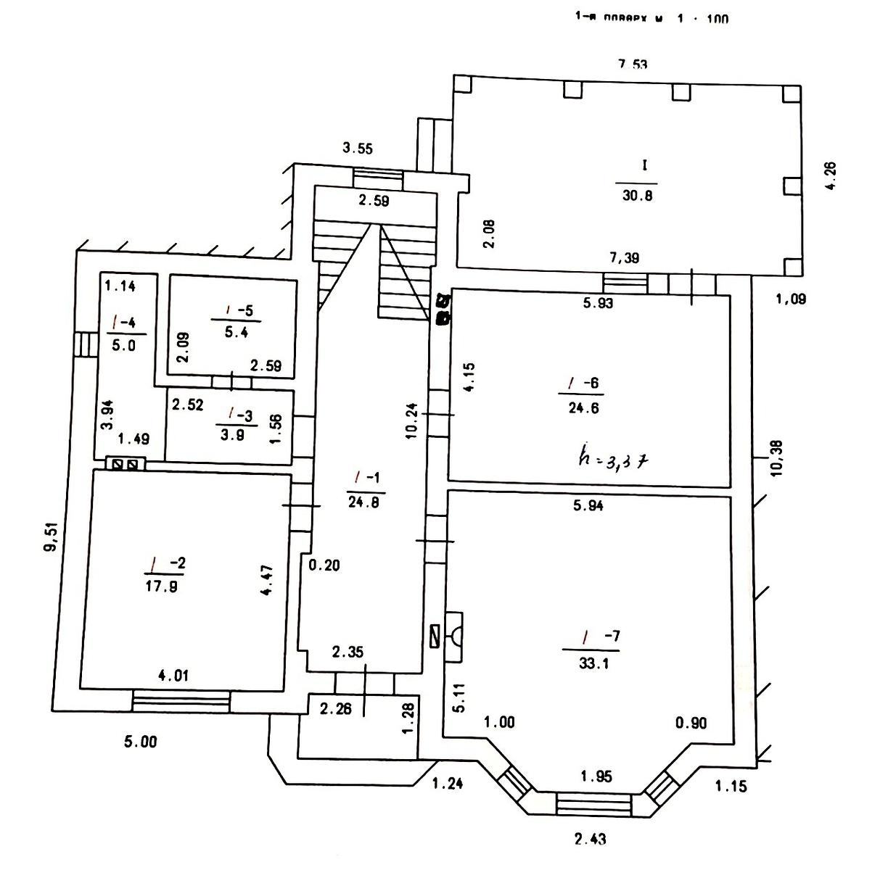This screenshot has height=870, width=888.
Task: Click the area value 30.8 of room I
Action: pyautogui.click(x=638, y=196)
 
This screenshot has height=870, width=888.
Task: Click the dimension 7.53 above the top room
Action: pyautogui.click(x=632, y=64)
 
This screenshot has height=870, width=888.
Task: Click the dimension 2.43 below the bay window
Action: pyautogui.click(x=590, y=840)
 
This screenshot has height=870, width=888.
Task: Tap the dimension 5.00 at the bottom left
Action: pyautogui.click(x=140, y=742)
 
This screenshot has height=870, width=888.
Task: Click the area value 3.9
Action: pyautogui.click(x=242, y=435)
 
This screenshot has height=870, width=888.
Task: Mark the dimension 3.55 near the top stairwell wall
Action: pyautogui.click(x=358, y=149)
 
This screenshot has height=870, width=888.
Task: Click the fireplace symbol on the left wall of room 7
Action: pyautogui.click(x=455, y=636)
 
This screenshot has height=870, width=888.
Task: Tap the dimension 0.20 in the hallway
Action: pyautogui.click(x=324, y=566)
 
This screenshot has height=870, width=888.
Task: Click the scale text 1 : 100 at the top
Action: pyautogui.click(x=702, y=19)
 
